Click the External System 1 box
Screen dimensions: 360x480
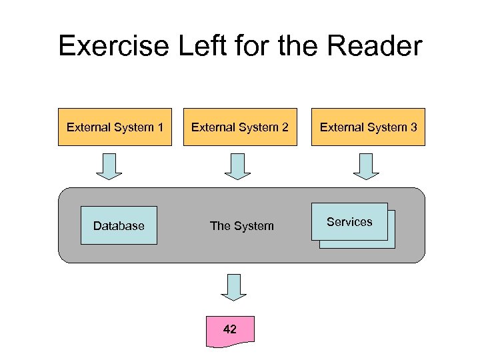115,127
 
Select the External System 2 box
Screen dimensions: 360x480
240,127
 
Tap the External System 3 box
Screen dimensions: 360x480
368,127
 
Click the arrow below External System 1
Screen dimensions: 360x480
109,166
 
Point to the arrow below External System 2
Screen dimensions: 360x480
237,166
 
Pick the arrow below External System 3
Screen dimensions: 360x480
365,166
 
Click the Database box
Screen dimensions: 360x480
119,225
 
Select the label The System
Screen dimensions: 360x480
241,226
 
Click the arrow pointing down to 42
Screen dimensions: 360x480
233,287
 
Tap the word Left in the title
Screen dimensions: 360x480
194,47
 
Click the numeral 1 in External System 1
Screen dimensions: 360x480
160,127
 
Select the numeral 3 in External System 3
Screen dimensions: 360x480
413,127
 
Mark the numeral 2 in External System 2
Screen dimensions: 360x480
285,127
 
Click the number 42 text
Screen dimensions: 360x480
230,329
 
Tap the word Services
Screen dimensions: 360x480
349,222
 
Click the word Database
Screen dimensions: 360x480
119,226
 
